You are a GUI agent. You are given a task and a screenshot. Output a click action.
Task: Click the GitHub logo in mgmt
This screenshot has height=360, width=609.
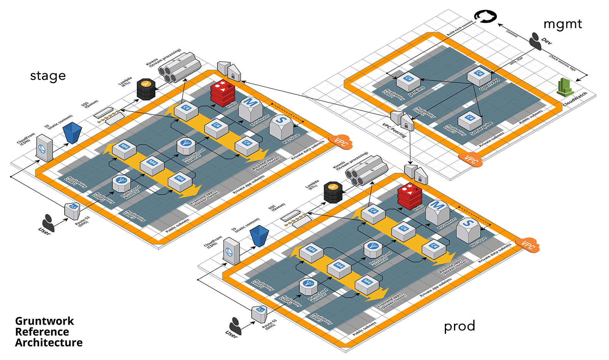(x=485, y=17)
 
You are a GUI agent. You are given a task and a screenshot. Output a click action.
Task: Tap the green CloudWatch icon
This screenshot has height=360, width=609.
(x=565, y=87)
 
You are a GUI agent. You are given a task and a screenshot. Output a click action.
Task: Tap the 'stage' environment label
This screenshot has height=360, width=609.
(x=48, y=76)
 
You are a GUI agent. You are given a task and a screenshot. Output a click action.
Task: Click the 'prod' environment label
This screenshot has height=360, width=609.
(x=459, y=326)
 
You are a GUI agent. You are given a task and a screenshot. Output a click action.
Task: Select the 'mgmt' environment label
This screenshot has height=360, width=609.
(x=562, y=24)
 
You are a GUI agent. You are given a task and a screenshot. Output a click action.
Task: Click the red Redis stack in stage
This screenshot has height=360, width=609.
(x=222, y=93)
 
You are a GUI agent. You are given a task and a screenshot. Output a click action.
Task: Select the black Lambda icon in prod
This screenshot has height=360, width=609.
(x=333, y=192)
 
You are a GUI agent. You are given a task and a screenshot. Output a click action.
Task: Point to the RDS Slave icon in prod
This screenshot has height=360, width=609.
(x=468, y=230)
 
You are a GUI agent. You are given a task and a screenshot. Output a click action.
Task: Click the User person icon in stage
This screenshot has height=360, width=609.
(x=48, y=223)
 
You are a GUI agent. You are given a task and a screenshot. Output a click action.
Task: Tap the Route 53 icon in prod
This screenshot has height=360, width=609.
(x=260, y=313)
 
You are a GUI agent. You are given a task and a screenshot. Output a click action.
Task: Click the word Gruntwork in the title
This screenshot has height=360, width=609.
(x=45, y=321)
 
